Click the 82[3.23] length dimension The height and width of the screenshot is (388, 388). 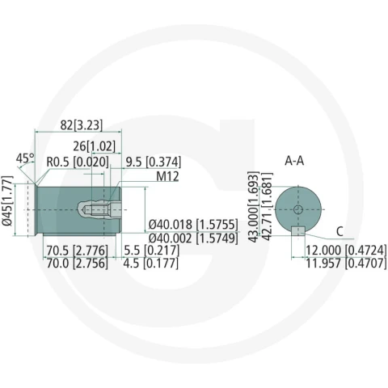point(82,125)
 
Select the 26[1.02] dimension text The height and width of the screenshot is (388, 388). point(94,146)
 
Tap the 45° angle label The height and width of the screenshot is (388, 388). point(25,158)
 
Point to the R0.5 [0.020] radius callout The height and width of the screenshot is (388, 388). point(78,162)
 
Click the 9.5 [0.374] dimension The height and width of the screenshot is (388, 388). point(154,162)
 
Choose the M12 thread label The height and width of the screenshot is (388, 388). point(167,176)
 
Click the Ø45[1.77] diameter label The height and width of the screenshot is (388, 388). point(7,200)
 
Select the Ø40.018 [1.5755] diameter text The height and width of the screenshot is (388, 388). point(193,224)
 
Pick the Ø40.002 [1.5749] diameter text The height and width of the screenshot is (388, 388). point(193,238)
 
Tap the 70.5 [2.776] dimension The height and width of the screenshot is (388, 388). point(77,251)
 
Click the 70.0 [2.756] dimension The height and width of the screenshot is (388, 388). point(77,264)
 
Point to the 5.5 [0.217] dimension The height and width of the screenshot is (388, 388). point(151,251)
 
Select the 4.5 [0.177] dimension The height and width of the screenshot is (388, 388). point(151,264)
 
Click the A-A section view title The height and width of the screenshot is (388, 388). point(294,161)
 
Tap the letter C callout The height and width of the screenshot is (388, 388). point(339,231)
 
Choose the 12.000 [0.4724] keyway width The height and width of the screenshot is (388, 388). point(346,251)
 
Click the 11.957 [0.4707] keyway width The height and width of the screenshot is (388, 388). point(346,264)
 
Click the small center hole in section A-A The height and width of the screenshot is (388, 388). point(298,209)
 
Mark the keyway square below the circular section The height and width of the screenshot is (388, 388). point(298,231)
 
